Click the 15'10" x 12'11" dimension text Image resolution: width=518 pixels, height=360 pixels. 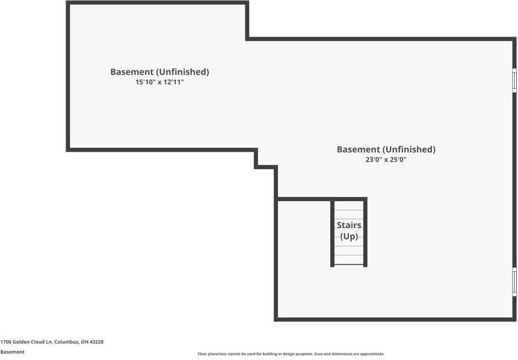pos(159,82)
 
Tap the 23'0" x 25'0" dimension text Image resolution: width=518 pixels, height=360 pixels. pos(386,160)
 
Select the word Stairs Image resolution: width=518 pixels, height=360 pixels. pos(349,225)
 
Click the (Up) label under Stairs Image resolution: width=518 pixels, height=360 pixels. pos(349,237)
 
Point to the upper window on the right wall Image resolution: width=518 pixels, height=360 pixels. pos(514,80)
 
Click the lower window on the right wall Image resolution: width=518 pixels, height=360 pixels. pos(514,282)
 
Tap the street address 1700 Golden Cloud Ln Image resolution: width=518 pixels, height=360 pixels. pos(26,342)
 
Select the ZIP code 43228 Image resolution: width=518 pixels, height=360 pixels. pos(96,342)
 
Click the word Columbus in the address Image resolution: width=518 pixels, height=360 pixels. pos(67,342)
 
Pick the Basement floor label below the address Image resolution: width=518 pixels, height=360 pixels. pos(13,352)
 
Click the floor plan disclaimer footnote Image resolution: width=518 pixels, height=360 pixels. pos(291,354)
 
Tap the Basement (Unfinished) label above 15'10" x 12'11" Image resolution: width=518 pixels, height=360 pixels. pos(159,72)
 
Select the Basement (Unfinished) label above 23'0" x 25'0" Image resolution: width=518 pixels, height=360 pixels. pos(386,149)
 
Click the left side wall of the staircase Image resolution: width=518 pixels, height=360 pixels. pos(332,233)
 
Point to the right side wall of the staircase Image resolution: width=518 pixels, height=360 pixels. pos(365,233)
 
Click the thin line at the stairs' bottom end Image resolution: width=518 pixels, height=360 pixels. pos(349,264)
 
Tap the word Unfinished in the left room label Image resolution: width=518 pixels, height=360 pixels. pos(183,72)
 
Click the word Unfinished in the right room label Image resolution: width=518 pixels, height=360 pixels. pos(409,149)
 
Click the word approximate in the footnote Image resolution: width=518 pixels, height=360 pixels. pos(372,354)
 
